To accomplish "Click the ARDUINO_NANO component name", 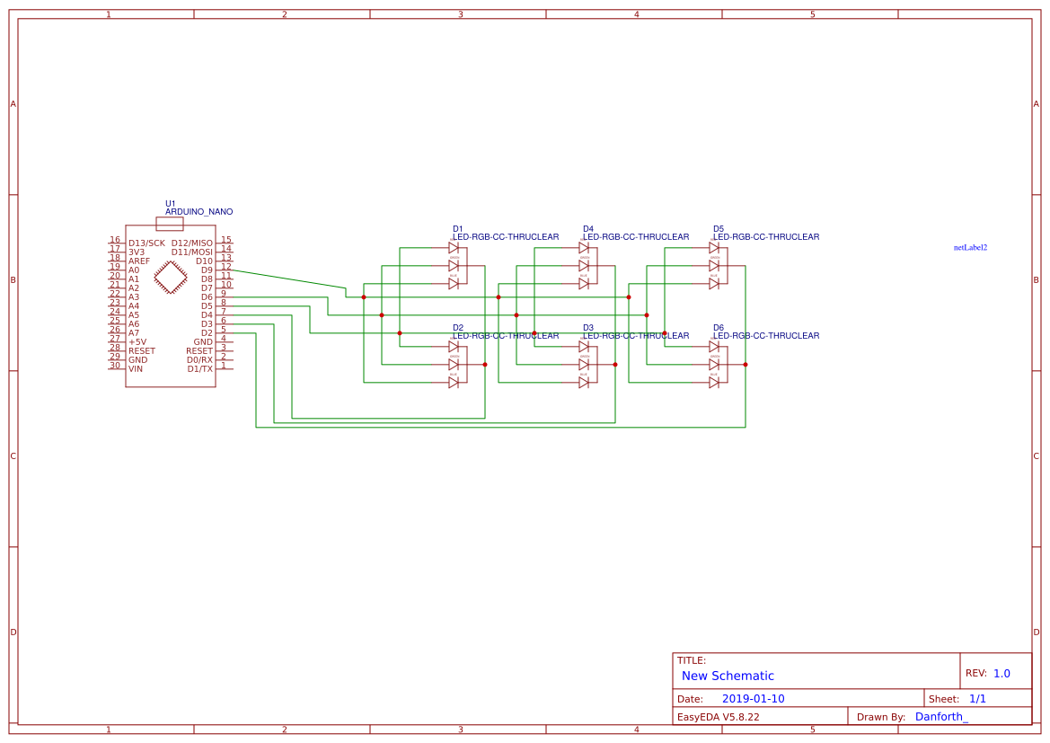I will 199,212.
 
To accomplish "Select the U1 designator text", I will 171,204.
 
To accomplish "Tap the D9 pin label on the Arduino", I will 207,270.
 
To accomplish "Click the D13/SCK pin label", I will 146,243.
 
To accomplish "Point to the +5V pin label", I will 137,341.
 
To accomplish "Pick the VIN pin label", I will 136,368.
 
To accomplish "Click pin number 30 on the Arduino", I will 115,365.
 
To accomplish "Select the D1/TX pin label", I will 199,368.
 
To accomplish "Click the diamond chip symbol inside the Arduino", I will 171,277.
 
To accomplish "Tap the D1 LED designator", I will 457,229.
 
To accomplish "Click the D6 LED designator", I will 719,328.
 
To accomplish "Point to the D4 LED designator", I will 587,229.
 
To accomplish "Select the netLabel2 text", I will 970,247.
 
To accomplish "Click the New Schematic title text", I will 728,676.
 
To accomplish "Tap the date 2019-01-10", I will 753,699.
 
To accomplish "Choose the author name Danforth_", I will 941,717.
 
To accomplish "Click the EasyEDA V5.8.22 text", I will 718,717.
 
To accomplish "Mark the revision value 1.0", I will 1001,673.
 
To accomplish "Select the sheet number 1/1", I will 977,699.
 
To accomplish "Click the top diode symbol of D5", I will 714,247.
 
